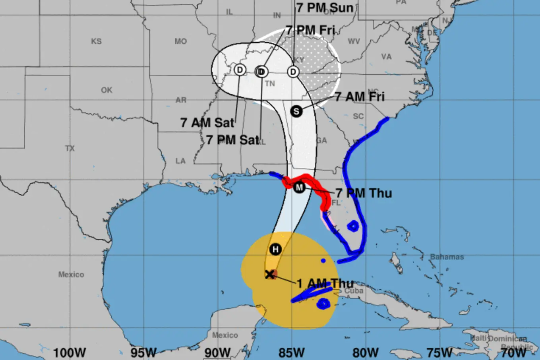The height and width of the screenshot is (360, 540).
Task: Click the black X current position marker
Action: tap(270, 274)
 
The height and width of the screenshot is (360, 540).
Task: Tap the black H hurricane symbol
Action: tap(275, 250)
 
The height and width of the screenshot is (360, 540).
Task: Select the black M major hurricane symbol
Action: tap(299, 187)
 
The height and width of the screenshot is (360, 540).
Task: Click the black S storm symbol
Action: tap(296, 111)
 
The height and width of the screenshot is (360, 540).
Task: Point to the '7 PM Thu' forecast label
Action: tap(364, 193)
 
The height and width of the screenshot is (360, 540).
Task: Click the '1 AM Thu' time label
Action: tap(325, 283)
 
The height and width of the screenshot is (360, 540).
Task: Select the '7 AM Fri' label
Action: tap(360, 97)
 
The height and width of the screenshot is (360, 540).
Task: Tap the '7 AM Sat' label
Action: tap(207, 123)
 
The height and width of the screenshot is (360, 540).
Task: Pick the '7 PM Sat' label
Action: tap(232, 140)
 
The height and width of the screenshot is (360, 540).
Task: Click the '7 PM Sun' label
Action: tap(325, 8)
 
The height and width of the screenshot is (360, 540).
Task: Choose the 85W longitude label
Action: tap(292, 352)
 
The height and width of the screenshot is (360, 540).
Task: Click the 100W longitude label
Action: tap(70, 352)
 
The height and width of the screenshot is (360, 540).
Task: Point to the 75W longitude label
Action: tap(439, 352)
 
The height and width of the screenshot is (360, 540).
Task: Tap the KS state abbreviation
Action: tap(96, 41)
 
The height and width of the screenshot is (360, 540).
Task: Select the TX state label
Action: tap(70, 148)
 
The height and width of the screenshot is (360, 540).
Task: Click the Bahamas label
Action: tap(447, 257)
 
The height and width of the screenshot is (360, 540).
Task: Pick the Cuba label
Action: tap(354, 290)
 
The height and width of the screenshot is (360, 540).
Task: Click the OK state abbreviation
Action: tap(106, 90)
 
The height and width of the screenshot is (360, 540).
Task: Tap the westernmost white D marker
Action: tap(240, 70)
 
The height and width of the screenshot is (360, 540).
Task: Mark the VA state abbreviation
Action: tap(386, 57)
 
